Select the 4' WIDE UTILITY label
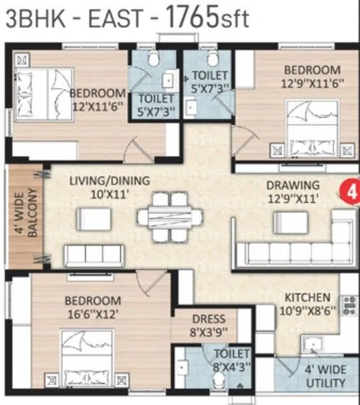(x=326, y=375)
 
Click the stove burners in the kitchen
(x=349, y=305)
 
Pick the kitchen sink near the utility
(x=312, y=347)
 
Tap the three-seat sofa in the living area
(x=95, y=255)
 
